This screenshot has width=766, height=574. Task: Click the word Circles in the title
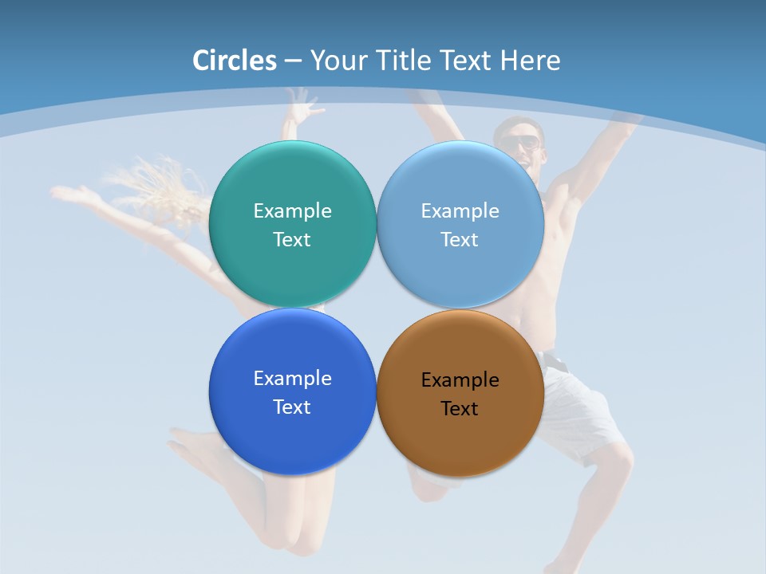(x=235, y=60)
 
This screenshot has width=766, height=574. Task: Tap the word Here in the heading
(x=530, y=60)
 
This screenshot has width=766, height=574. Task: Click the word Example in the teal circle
(x=292, y=211)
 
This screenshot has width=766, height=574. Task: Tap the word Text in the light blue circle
(x=460, y=240)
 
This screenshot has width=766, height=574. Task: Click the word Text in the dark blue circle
(x=292, y=407)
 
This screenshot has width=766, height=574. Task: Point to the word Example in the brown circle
(x=460, y=380)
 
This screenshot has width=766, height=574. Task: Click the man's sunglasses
(x=520, y=143)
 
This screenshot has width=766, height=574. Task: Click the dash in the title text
(x=293, y=61)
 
